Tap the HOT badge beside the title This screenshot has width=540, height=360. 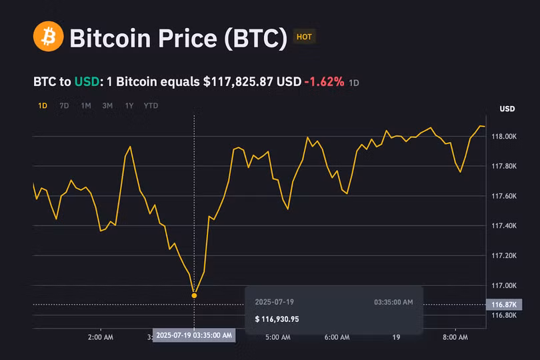pos(304,37)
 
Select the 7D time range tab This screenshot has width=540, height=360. pos(64,105)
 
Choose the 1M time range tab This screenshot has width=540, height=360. pos(86,105)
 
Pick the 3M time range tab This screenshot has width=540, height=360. pos(107,105)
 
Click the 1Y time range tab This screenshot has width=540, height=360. pos(129,105)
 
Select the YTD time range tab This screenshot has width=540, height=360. pos(151,105)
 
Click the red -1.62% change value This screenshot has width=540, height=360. pos(324,82)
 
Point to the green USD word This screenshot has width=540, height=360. pos(87,82)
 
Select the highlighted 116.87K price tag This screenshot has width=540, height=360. pos(504,305)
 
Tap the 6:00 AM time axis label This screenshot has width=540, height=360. pos(337,337)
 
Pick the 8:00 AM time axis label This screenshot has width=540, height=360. pos(455,337)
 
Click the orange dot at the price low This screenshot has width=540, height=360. pos(194,295)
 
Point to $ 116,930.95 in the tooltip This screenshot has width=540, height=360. pos(277,319)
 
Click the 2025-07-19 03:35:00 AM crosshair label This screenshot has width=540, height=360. pos(194,335)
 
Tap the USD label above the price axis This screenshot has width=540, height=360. pos(507,109)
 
